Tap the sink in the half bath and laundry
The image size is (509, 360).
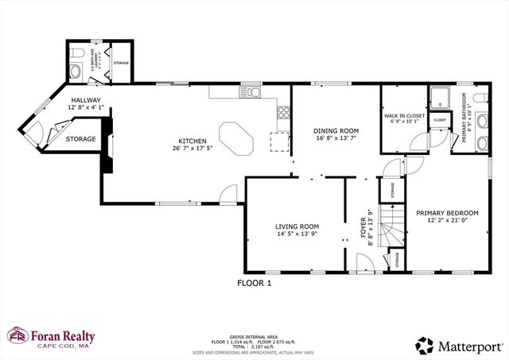tap(74, 72)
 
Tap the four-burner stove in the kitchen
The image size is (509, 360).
tap(282, 112)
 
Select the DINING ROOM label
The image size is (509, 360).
tap(336, 134)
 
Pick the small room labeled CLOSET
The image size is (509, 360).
tap(440, 121)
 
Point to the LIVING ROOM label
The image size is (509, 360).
tap(297, 229)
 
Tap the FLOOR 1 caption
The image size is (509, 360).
tap(254, 282)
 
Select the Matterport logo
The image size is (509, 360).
tap(457, 344)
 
